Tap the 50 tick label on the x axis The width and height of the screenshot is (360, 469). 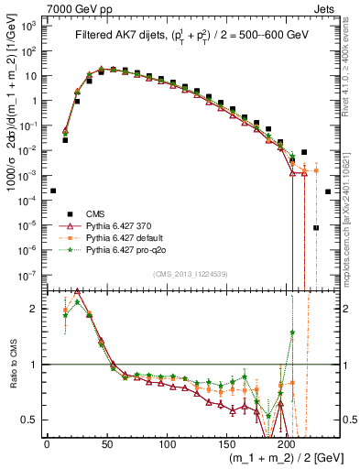tap(106, 443)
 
